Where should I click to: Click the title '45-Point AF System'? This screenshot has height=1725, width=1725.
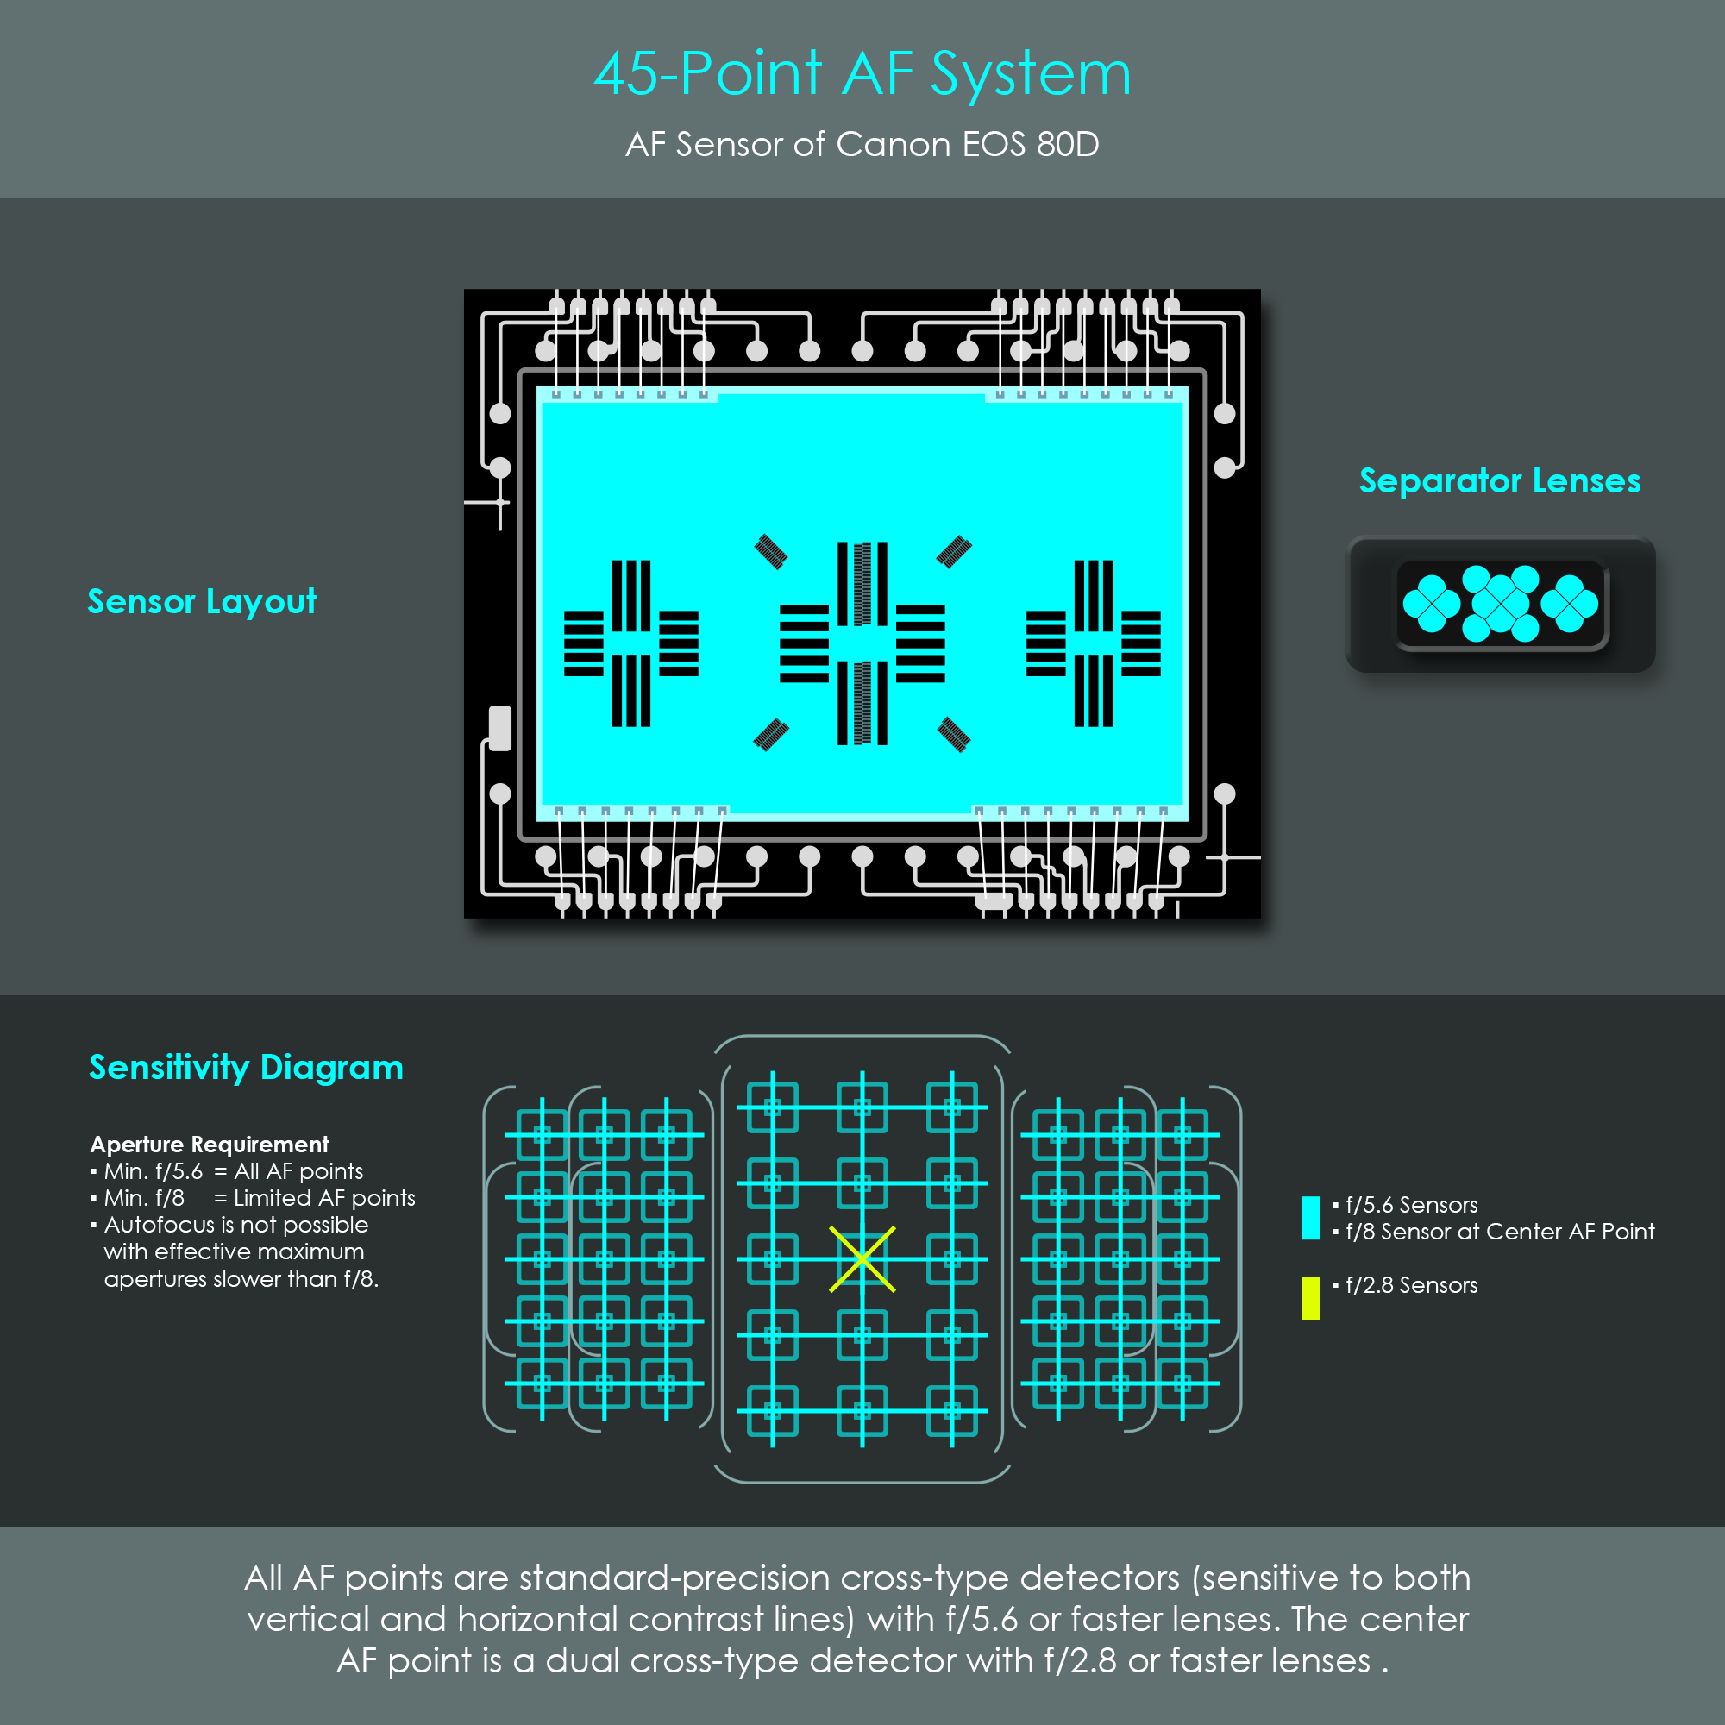point(862,73)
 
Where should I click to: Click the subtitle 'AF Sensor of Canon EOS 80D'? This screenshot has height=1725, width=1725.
point(862,145)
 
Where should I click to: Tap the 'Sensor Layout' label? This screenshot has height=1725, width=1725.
point(202,602)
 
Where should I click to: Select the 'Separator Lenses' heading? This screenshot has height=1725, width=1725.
point(1500,480)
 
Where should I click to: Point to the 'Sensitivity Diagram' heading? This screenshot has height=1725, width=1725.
point(247,1068)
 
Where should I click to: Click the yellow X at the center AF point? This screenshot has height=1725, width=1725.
point(862,1259)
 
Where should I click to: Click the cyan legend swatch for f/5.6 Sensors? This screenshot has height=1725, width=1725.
point(1311,1218)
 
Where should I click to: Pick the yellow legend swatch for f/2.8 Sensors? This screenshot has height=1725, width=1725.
point(1311,1298)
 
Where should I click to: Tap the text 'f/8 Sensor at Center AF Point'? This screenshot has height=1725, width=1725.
point(1500,1233)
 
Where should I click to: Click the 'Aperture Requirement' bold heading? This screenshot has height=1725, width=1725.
point(210,1145)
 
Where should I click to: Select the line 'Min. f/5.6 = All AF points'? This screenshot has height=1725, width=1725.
point(234,1171)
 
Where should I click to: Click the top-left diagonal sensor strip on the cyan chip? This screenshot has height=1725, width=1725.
point(770,552)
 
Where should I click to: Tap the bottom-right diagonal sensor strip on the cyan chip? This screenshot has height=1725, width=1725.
point(954,735)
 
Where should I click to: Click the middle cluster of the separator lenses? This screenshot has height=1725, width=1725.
point(1500,604)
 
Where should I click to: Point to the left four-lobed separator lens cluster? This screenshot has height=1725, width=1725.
point(1431,604)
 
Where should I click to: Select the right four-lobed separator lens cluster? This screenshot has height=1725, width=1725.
point(1569,604)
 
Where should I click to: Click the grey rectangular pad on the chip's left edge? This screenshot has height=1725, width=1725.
point(500,729)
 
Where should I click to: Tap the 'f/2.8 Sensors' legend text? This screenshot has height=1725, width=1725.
point(1412,1286)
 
